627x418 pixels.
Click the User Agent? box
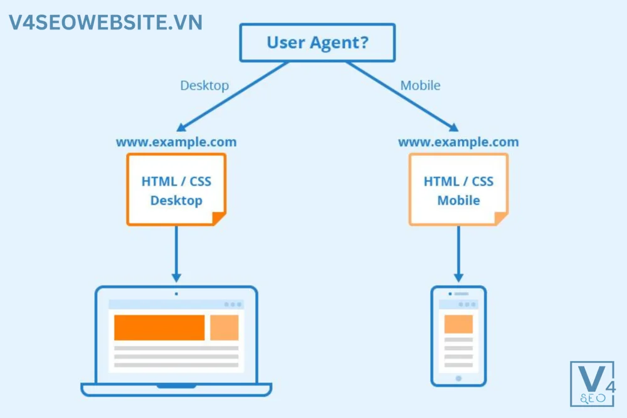click(x=317, y=43)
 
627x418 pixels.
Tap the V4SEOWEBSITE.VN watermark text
click(x=105, y=23)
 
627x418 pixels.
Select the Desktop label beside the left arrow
click(x=204, y=85)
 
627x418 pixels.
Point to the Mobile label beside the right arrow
click(x=420, y=85)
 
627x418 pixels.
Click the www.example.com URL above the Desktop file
click(x=176, y=142)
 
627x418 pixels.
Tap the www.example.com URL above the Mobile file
click(x=458, y=142)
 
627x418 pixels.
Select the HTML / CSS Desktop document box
click(x=176, y=189)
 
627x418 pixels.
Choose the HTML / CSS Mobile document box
click(x=458, y=189)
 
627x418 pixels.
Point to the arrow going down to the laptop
click(x=176, y=254)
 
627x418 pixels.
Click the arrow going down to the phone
click(x=458, y=254)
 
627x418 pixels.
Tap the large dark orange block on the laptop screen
click(x=159, y=327)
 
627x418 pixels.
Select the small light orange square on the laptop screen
click(x=224, y=327)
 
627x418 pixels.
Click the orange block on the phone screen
click(x=458, y=324)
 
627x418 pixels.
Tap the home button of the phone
click(x=458, y=379)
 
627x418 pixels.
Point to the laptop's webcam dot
click(x=176, y=293)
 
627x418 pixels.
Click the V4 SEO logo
click(x=593, y=384)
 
